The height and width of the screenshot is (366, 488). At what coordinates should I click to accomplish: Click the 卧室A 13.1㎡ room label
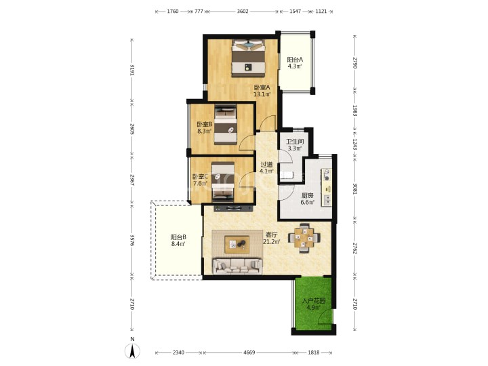(x=262, y=91)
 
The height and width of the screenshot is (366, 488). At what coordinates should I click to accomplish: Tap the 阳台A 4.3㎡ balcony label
(x=294, y=63)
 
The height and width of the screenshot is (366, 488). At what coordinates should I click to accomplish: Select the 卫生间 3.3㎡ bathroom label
(x=294, y=145)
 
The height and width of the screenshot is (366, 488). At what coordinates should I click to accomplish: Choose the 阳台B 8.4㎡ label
(x=178, y=241)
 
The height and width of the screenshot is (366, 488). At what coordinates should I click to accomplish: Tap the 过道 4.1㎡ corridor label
(x=267, y=168)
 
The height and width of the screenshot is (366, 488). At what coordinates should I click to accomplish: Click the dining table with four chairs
(x=304, y=238)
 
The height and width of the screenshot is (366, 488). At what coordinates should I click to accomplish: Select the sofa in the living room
(x=237, y=266)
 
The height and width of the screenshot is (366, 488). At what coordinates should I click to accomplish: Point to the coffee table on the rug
(x=237, y=243)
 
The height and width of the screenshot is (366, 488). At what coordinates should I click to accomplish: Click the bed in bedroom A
(x=248, y=58)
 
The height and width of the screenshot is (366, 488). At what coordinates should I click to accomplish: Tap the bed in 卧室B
(x=225, y=125)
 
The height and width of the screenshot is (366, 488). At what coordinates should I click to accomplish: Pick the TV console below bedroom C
(x=233, y=208)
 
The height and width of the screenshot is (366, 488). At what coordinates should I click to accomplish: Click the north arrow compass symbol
(x=132, y=351)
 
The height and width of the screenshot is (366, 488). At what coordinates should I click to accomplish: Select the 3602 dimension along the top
(x=243, y=12)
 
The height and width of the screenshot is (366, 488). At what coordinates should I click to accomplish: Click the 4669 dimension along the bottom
(x=249, y=352)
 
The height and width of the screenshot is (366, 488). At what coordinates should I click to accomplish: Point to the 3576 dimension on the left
(x=132, y=241)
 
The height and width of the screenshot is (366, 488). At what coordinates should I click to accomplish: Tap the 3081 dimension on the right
(x=354, y=188)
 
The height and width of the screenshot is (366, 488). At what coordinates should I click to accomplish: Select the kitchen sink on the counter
(x=327, y=200)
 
